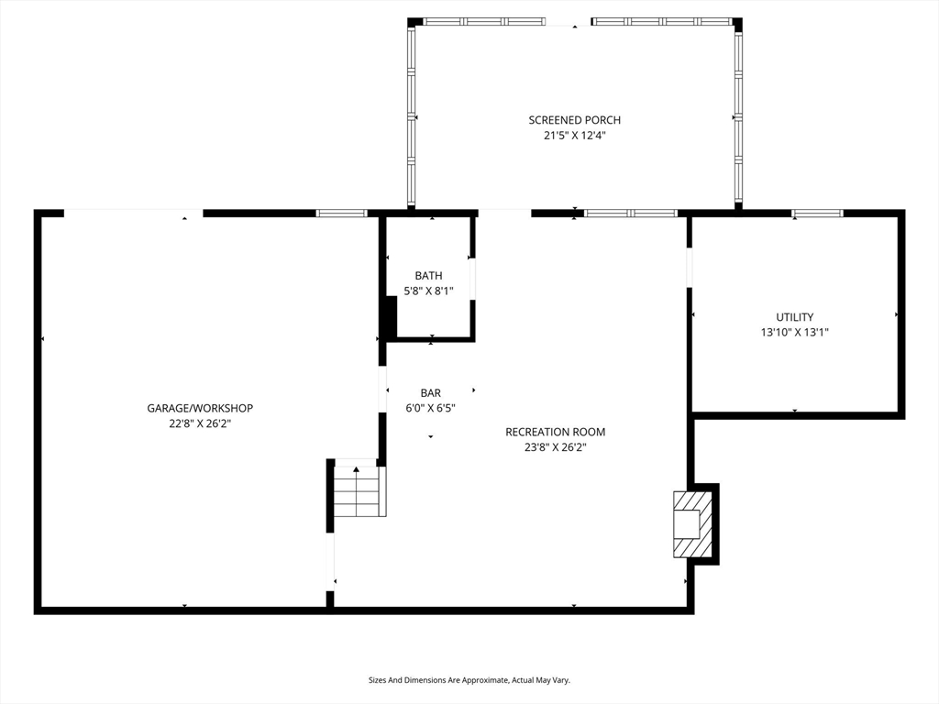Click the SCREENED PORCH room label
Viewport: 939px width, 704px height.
pos(574,120)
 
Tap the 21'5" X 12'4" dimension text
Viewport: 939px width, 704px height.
pos(574,136)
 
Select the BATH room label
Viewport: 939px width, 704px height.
pos(429,275)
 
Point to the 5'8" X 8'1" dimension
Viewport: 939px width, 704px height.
pos(429,291)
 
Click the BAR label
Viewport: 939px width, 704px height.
pos(431,392)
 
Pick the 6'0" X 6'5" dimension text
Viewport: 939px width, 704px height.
pos(431,408)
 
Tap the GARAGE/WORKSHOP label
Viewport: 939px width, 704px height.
pos(200,408)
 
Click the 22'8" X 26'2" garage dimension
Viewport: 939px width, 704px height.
pos(200,423)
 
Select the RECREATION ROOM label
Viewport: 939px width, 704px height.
pos(555,432)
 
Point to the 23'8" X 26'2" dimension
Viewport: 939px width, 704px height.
pos(555,447)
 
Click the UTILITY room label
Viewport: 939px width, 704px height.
pos(795,316)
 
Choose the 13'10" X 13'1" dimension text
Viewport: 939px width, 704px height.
pos(795,332)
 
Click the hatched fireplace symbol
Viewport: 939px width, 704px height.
pos(693,524)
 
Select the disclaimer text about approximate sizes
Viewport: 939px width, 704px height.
pos(469,680)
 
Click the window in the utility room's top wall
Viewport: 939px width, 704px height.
pos(817,213)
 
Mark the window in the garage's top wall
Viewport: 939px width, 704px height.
pos(341,213)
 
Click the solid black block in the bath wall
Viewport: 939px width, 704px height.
pos(389,317)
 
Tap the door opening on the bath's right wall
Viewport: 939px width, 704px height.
pos(472,279)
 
